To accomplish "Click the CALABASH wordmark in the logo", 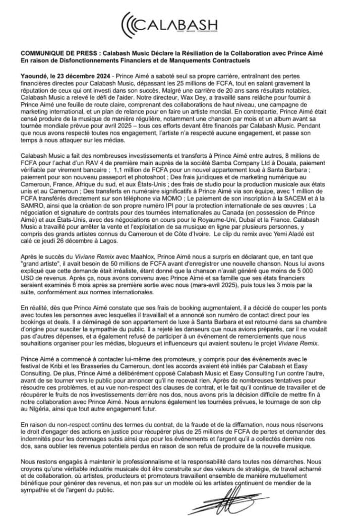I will tap(185, 24).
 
